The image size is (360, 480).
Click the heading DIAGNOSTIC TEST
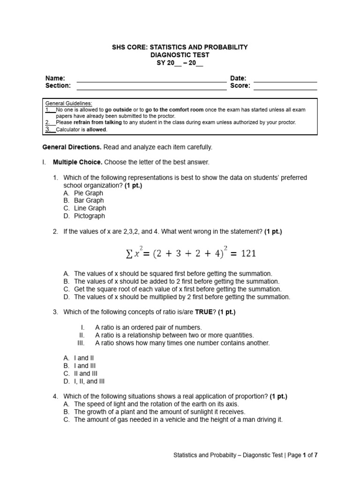tap(180, 55)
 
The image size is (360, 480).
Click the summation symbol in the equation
tap(129, 254)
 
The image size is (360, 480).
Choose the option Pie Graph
tap(89, 193)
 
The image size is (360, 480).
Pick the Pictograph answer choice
tap(90, 216)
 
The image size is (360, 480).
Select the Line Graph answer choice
tap(90, 208)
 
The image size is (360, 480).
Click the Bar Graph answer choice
tap(89, 201)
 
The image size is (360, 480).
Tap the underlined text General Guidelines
tap(68, 103)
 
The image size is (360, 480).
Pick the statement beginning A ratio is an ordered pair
tap(148, 327)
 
